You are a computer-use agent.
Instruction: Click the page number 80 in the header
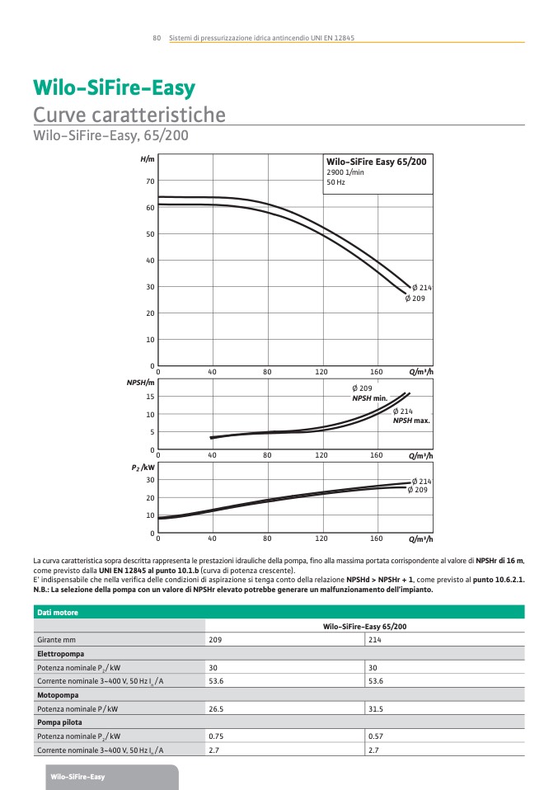click(x=156, y=38)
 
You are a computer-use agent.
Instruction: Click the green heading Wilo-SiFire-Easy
click(x=114, y=88)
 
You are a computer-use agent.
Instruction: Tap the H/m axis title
click(x=148, y=158)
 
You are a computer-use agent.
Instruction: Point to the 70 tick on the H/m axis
click(x=150, y=181)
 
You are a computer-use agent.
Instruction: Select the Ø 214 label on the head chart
click(x=422, y=287)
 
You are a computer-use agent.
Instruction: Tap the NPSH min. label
click(x=369, y=398)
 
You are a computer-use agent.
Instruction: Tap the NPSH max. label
click(x=411, y=421)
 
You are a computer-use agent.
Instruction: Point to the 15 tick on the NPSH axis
click(x=150, y=397)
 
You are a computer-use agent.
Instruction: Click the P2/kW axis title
click(x=143, y=468)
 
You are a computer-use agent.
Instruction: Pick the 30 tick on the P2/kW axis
click(x=150, y=480)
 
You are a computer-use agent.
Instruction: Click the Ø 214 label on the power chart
click(x=422, y=481)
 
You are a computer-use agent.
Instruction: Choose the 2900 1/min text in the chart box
click(x=345, y=172)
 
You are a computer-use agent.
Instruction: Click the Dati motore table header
click(x=57, y=613)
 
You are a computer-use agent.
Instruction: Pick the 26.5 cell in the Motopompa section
click(x=217, y=708)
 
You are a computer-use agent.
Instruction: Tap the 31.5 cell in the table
click(x=377, y=708)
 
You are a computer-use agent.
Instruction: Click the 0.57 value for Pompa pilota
click(x=377, y=736)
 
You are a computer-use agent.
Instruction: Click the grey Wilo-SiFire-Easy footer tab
click(x=77, y=778)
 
